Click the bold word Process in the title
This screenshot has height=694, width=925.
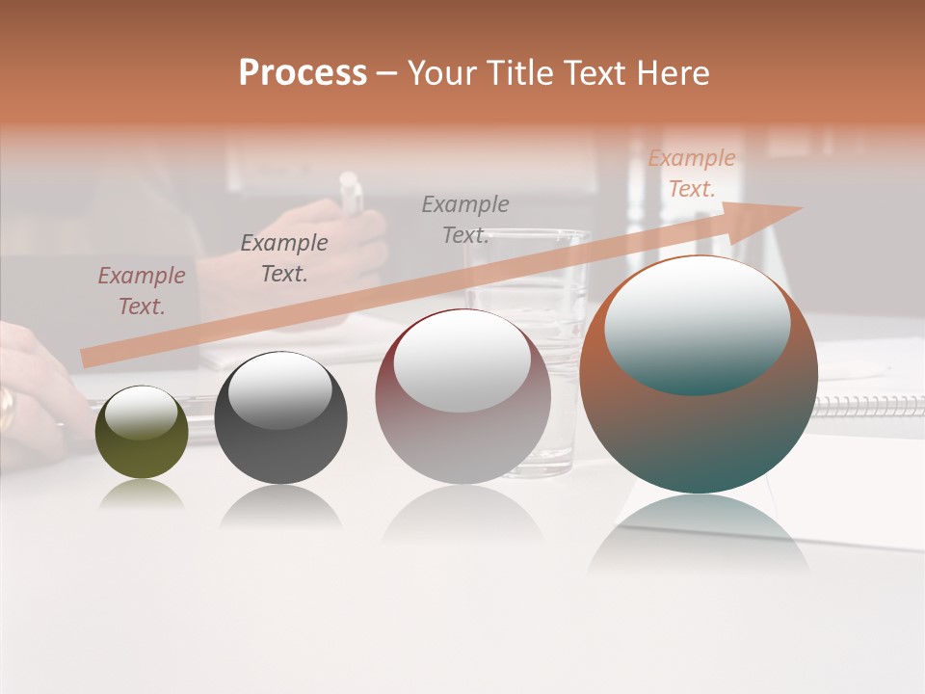coord(303,73)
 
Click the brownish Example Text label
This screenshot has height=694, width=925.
coord(141,291)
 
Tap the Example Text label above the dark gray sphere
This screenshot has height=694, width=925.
coord(283,258)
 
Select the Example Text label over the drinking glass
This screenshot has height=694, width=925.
coord(464,220)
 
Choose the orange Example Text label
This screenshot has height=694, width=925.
coord(691,173)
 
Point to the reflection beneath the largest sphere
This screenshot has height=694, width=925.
coord(699,535)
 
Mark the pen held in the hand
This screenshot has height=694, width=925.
coord(352,193)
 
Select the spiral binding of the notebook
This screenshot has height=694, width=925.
coord(867,405)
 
